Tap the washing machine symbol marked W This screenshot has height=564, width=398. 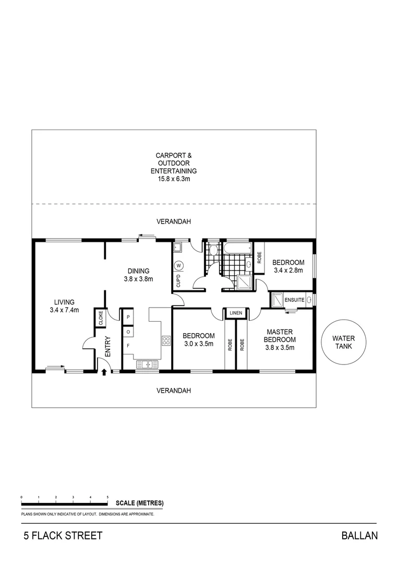(178, 265)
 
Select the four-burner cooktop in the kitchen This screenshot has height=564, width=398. (166, 341)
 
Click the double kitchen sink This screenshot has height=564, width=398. (147, 364)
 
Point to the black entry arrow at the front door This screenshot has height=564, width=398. (104, 372)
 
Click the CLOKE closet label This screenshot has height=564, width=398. (99, 319)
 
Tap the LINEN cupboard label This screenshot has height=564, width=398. (236, 313)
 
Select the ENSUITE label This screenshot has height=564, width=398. (294, 300)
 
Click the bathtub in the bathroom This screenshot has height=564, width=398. (237, 248)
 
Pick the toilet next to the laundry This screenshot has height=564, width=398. (212, 251)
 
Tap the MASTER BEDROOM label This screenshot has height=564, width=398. (280, 335)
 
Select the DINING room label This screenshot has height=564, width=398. (138, 271)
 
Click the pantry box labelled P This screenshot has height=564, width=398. (127, 317)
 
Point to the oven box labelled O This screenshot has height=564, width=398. (127, 331)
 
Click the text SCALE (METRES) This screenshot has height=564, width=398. (139, 503)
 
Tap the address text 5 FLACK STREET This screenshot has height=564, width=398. (62, 536)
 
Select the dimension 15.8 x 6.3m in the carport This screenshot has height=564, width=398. (173, 179)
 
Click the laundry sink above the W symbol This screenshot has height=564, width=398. (178, 248)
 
